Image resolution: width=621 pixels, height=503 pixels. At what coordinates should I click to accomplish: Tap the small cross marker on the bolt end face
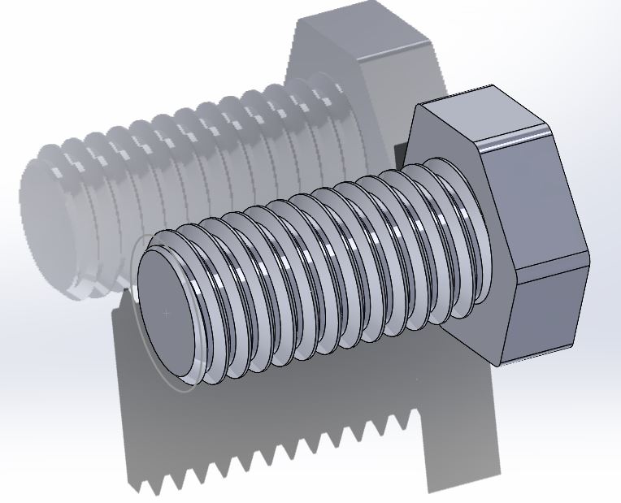(167, 313)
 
